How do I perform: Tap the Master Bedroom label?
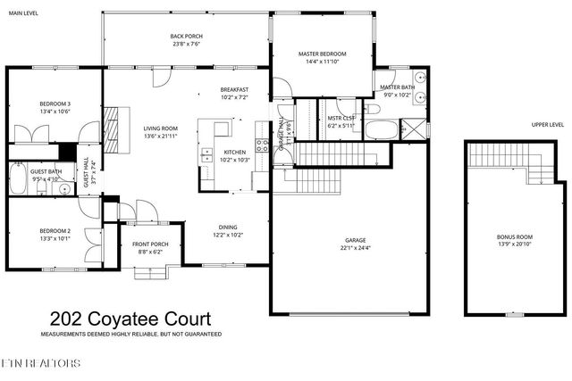coord(322,57)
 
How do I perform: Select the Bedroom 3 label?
coord(55,107)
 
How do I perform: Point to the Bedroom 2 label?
coord(55,236)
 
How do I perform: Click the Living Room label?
coord(161,132)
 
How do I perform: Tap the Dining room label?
coord(229,230)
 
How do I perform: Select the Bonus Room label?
coord(514,240)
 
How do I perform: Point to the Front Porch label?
coord(150,248)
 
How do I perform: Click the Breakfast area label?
coord(234,93)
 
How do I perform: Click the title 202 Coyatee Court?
coord(130,319)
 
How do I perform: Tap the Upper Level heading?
coord(547,125)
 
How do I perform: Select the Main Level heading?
coord(23,13)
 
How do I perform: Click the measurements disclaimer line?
coord(130,334)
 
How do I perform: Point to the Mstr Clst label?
coord(341,121)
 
